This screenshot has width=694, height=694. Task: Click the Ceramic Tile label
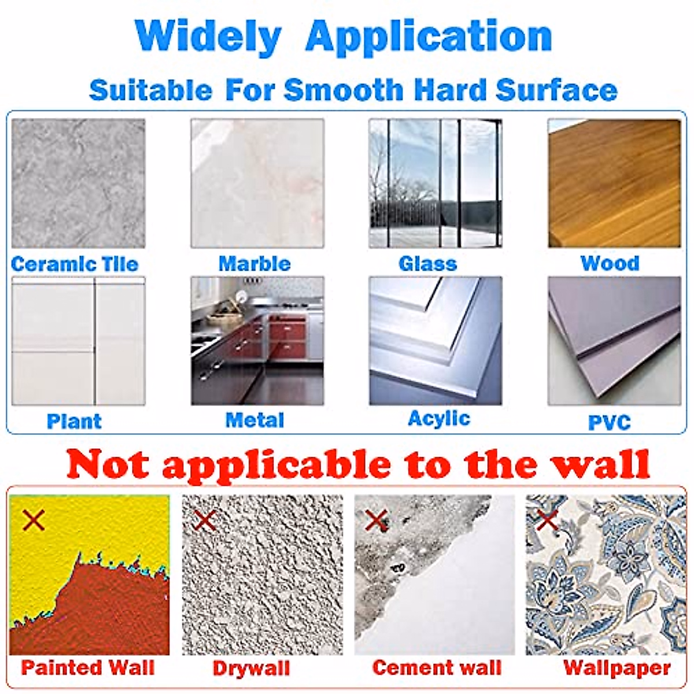pos(75,264)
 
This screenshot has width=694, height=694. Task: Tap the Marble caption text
pos(254,264)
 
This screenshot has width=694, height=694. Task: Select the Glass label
pos(428,264)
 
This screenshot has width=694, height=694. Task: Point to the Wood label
pos(610,263)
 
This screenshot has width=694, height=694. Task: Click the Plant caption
pos(74,421)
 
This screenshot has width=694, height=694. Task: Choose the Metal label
pos(254,420)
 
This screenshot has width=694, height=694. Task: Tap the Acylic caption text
pos(439,419)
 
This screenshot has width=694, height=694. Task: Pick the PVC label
pos(610,422)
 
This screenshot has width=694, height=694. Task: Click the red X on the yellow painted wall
pos(34,520)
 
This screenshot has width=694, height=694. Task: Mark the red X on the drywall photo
pos(205,520)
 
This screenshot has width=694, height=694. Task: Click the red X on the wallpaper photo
pos(548,520)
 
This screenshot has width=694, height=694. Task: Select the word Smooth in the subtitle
pos(343,90)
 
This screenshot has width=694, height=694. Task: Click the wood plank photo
pos(615,183)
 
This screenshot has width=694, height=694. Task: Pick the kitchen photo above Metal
pos(257,341)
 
